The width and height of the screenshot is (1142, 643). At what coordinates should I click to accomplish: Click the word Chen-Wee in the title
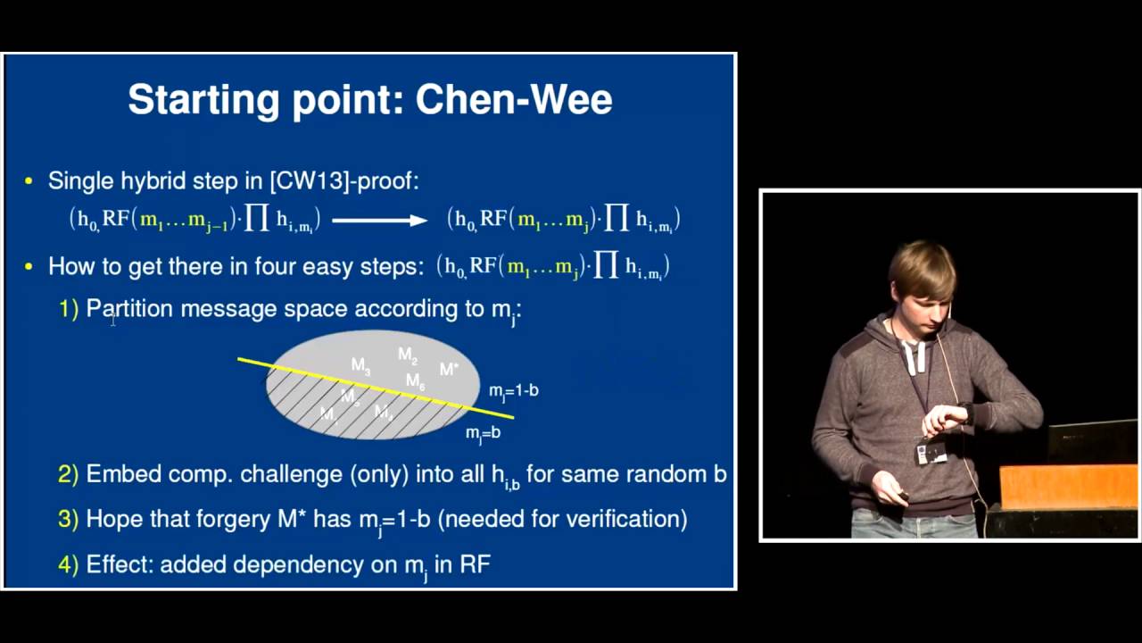click(x=514, y=99)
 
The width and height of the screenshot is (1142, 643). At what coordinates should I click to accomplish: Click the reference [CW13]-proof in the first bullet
click(x=343, y=180)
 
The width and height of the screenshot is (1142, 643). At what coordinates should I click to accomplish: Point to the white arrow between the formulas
click(x=379, y=220)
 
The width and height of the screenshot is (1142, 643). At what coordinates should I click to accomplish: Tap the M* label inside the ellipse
click(x=449, y=369)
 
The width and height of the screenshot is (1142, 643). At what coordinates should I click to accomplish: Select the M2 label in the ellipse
click(x=408, y=355)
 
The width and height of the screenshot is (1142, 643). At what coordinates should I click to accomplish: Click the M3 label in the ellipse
click(x=360, y=365)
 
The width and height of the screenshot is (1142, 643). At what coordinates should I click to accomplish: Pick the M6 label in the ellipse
click(x=415, y=381)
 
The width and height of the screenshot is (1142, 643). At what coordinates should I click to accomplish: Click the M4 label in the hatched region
click(x=384, y=412)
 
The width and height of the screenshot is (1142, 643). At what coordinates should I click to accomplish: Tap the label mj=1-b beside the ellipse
click(x=513, y=391)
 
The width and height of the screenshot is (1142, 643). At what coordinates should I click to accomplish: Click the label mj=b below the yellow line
click(x=483, y=433)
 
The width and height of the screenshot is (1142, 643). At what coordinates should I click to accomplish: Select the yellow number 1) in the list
click(x=69, y=309)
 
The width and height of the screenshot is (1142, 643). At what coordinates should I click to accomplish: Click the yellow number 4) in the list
click(x=69, y=564)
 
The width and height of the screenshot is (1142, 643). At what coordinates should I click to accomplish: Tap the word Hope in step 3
click(x=113, y=519)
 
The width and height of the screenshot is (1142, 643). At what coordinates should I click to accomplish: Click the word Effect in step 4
click(x=119, y=564)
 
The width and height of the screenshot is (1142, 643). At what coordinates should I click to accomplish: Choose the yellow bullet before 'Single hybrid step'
click(x=29, y=181)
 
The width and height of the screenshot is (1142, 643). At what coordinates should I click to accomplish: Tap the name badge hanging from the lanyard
click(x=931, y=452)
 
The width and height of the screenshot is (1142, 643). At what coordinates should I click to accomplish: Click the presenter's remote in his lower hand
click(x=904, y=496)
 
